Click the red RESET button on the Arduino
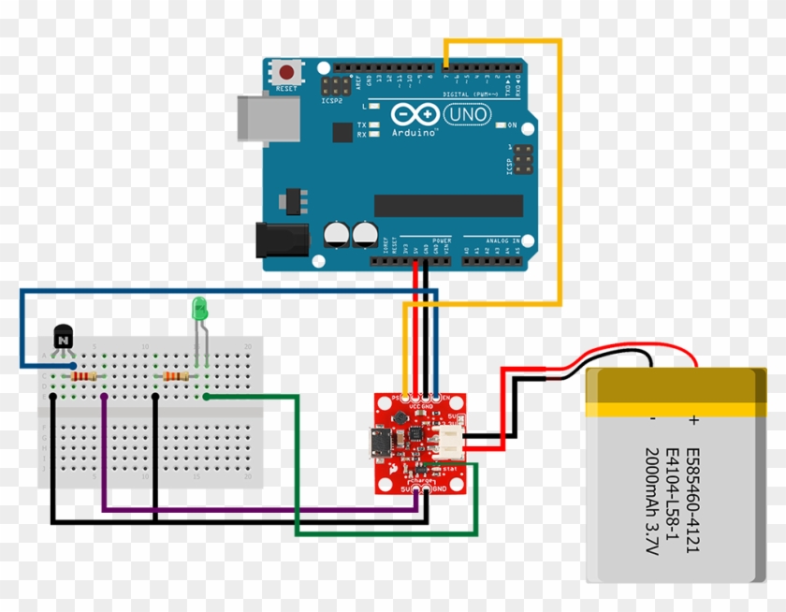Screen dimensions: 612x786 tap(286, 72)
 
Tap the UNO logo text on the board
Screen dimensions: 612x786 tap(464, 114)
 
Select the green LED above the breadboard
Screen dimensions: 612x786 tap(198, 308)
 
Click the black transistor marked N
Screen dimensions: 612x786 tap(63, 337)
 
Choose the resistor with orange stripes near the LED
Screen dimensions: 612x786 tap(175, 376)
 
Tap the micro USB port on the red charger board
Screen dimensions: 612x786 tap(381, 439)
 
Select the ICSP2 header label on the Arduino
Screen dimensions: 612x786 tap(331, 100)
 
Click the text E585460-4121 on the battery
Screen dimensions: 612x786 tap(691, 502)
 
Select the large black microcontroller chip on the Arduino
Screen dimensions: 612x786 tap(448, 206)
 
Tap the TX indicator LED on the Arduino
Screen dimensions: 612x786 tap(373, 124)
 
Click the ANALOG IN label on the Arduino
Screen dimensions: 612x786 tap(502, 240)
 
